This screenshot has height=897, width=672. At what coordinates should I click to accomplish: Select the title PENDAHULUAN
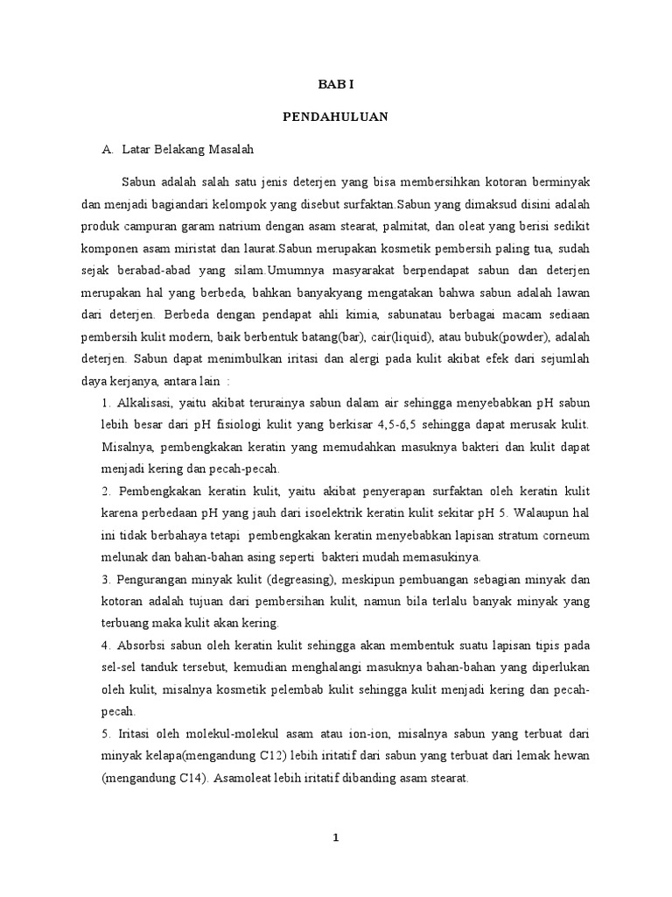pyautogui.click(x=336, y=116)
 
